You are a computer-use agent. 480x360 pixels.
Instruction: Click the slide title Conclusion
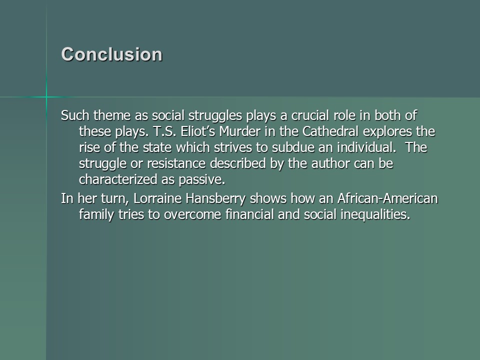pyautogui.click(x=111, y=54)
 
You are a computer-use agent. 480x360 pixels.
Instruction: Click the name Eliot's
pyautogui.click(x=198, y=131)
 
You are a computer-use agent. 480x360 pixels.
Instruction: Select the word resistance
pyautogui.click(x=176, y=163)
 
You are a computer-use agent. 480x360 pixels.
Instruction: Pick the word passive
pyautogui.click(x=201, y=180)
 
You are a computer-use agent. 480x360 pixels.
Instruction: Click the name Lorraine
pyautogui.click(x=157, y=198)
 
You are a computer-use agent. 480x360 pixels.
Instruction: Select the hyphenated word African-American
pyautogui.click(x=387, y=198)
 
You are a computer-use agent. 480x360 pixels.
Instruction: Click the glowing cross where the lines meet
pyautogui.click(x=46, y=97)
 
